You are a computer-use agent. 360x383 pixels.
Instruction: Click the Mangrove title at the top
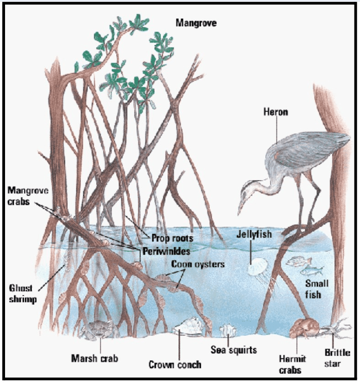(x=196, y=23)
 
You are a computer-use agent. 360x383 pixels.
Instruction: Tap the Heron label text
(x=276, y=112)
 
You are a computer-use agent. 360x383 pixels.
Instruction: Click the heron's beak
(x=241, y=207)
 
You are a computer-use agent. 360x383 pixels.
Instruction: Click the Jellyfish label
(x=254, y=234)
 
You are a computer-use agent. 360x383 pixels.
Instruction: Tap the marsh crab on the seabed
(x=99, y=329)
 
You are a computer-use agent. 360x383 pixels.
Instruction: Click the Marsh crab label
(x=95, y=359)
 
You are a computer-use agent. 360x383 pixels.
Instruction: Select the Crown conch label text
(x=175, y=365)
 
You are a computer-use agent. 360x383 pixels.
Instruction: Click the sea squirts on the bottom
(x=228, y=330)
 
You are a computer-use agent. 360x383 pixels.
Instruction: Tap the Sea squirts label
(x=234, y=350)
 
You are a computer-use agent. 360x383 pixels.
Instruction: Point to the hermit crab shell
(x=304, y=328)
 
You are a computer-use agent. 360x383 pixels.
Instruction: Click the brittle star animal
(x=336, y=329)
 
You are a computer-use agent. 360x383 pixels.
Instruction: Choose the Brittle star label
(x=337, y=358)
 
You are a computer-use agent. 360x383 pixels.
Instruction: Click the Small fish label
(x=317, y=289)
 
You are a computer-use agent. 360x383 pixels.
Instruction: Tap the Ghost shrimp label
(x=22, y=293)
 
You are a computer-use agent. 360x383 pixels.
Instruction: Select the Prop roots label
(x=172, y=238)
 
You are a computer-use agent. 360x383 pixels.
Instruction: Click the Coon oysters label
(x=198, y=264)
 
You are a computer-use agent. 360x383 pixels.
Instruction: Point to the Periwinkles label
(x=166, y=251)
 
